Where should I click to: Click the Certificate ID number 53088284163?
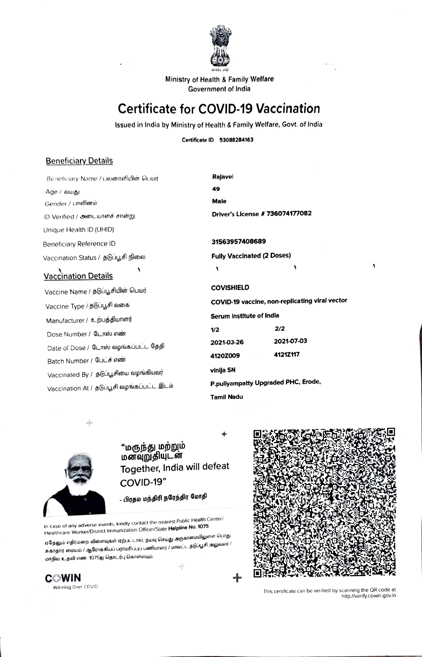[x=236, y=140]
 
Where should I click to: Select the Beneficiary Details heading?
[x=79, y=161]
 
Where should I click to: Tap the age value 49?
[x=216, y=189]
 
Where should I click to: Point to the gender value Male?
[x=219, y=201]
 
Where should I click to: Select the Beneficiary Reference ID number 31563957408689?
[x=238, y=242]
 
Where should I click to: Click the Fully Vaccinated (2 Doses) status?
[x=251, y=256]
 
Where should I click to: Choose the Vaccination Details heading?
[x=78, y=276]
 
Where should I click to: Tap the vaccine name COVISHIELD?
[x=230, y=287]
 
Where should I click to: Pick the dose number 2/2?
[x=279, y=329]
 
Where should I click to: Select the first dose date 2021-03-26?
[x=227, y=342]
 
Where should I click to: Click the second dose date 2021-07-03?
[x=290, y=341]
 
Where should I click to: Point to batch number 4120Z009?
[x=225, y=356]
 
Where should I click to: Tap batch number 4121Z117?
[x=287, y=354]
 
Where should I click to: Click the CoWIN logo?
[x=63, y=578]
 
